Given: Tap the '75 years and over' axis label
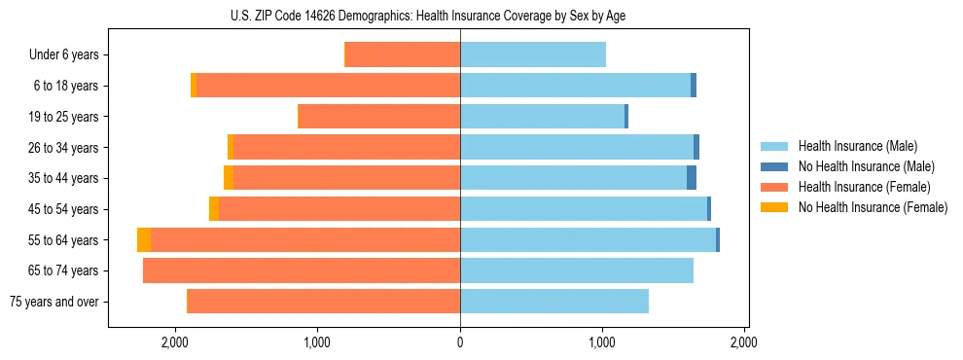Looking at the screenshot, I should point(54,302).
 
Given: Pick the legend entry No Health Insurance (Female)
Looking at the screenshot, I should point(873,207).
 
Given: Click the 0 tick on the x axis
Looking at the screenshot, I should point(460,342).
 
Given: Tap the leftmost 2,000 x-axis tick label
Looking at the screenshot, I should point(175,342).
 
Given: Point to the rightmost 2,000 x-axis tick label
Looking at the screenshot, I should point(744,342).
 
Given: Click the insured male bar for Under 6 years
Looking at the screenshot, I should point(533,55).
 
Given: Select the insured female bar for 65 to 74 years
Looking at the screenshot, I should point(302,270).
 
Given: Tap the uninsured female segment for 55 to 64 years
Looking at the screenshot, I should point(144,240).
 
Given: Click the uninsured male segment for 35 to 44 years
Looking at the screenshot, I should point(692,178).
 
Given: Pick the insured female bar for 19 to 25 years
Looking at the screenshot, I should point(379,117).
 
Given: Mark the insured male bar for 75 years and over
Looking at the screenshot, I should point(554,302).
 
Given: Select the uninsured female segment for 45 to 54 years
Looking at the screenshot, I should point(214,209).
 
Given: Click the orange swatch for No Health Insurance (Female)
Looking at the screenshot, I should point(773,207).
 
